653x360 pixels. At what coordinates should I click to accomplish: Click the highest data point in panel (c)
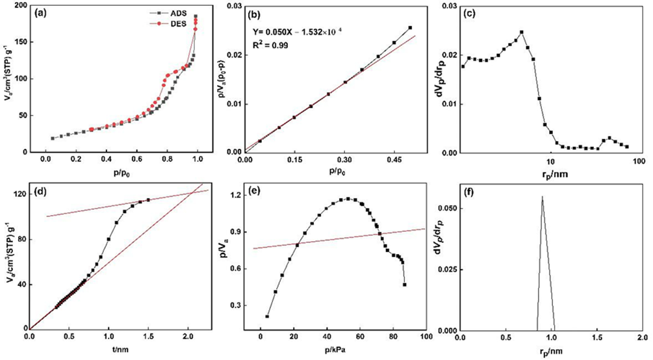[x=521, y=32]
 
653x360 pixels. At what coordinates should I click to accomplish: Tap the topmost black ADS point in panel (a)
[x=196, y=16]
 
